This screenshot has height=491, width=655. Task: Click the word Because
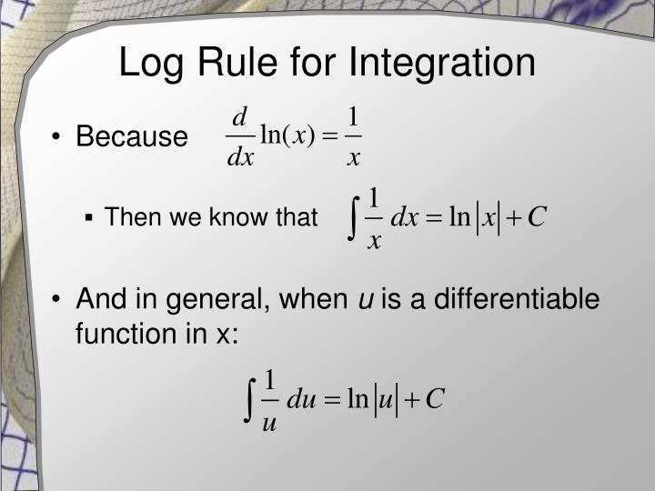131,137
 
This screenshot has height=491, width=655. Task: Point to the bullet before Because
56,137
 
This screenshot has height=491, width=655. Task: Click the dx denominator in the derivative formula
240,157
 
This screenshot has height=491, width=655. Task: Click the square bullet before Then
90,218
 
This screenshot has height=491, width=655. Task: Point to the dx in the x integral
403,219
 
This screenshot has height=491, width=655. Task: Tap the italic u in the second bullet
363,299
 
